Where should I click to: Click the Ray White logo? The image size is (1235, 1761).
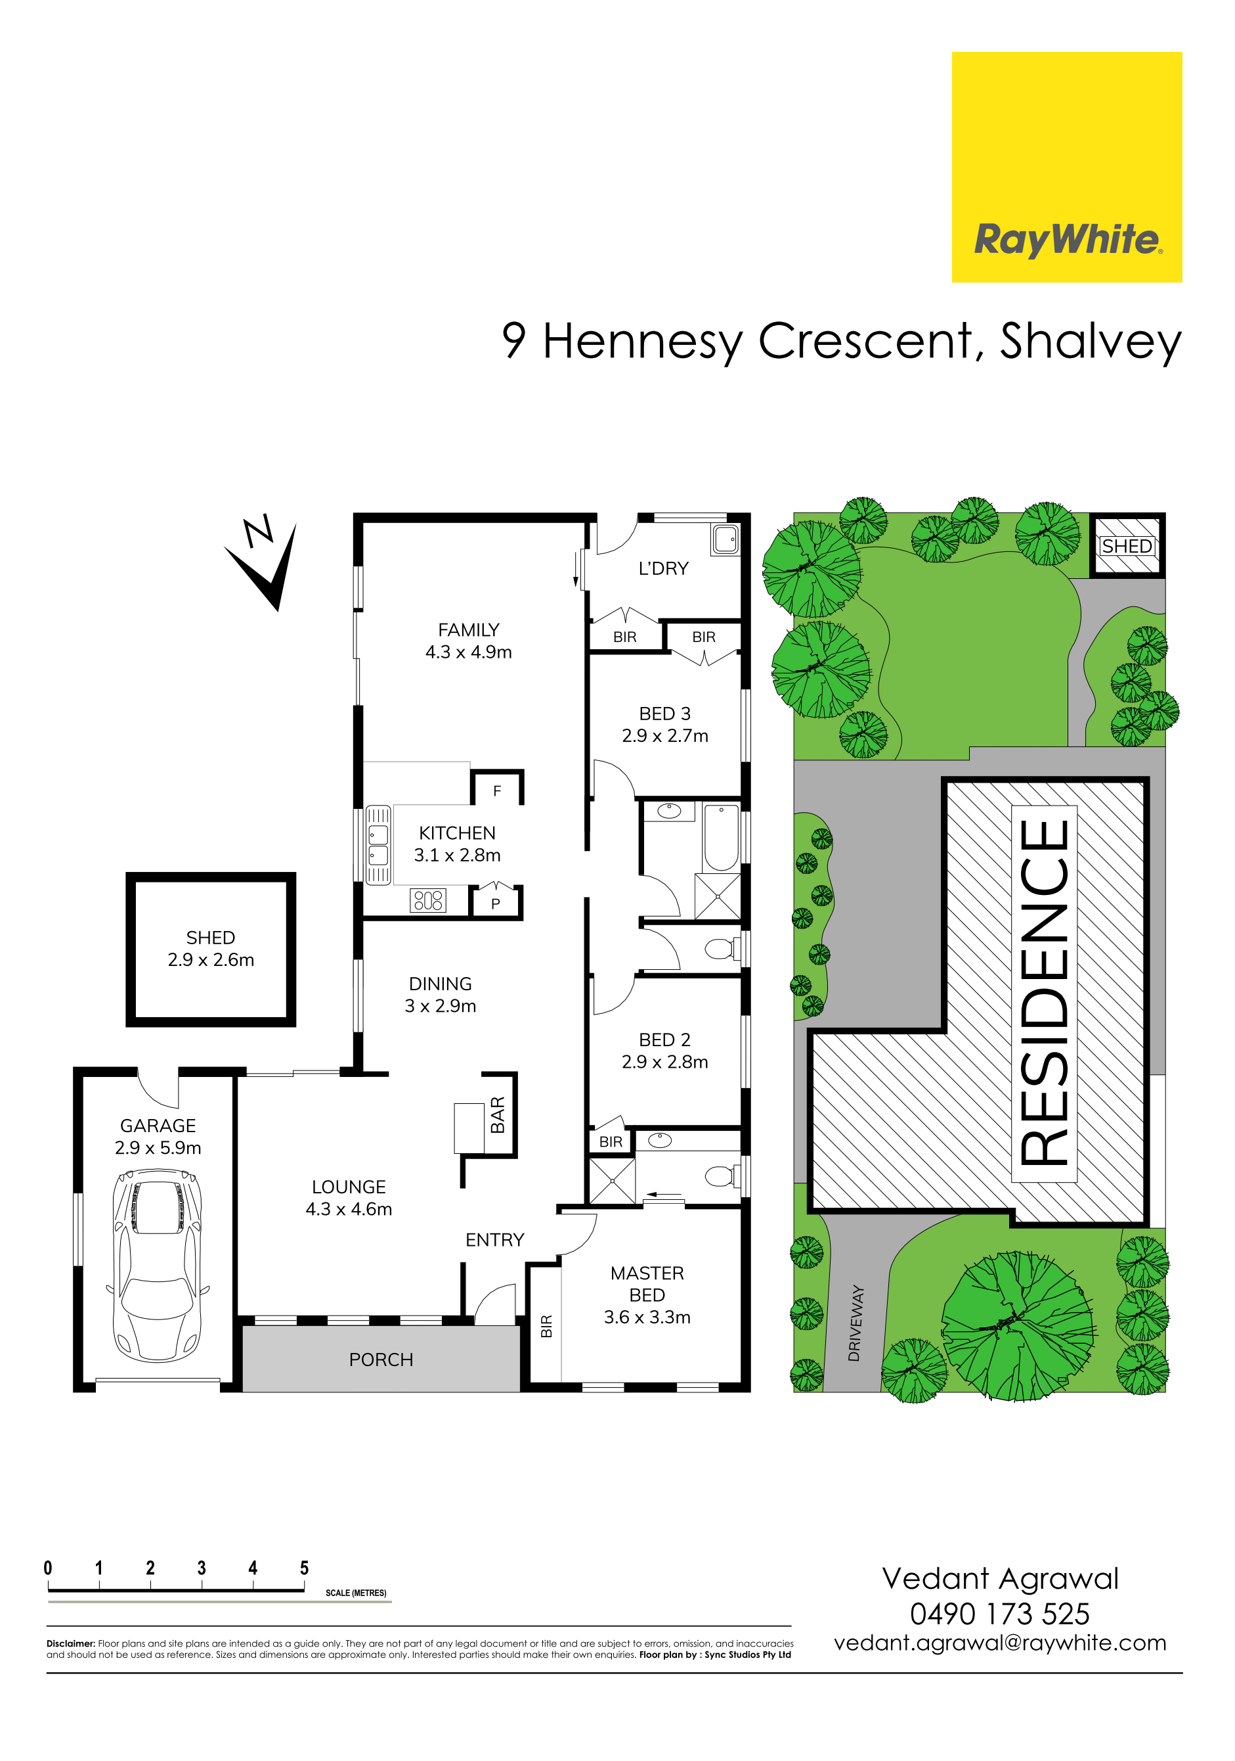coord(1066,167)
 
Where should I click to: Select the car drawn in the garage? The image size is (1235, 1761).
coord(158,1265)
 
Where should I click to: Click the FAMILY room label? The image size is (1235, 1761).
coord(468,629)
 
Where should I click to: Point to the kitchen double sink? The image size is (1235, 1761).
coord(378,845)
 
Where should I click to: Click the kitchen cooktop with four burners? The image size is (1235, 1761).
coord(429,900)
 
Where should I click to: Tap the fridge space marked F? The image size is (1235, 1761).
coord(498,790)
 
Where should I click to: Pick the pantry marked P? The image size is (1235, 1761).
coord(496,903)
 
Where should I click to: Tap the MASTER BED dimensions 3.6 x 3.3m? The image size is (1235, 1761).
coord(647,1317)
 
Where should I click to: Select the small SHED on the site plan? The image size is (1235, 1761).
coord(1127,545)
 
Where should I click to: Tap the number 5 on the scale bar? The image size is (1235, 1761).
coord(305,1568)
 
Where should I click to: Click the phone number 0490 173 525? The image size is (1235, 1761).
coord(1000,1614)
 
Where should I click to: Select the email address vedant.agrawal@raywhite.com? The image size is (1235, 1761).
coord(1000,1643)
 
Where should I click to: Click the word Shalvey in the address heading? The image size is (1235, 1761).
coord(1090,342)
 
